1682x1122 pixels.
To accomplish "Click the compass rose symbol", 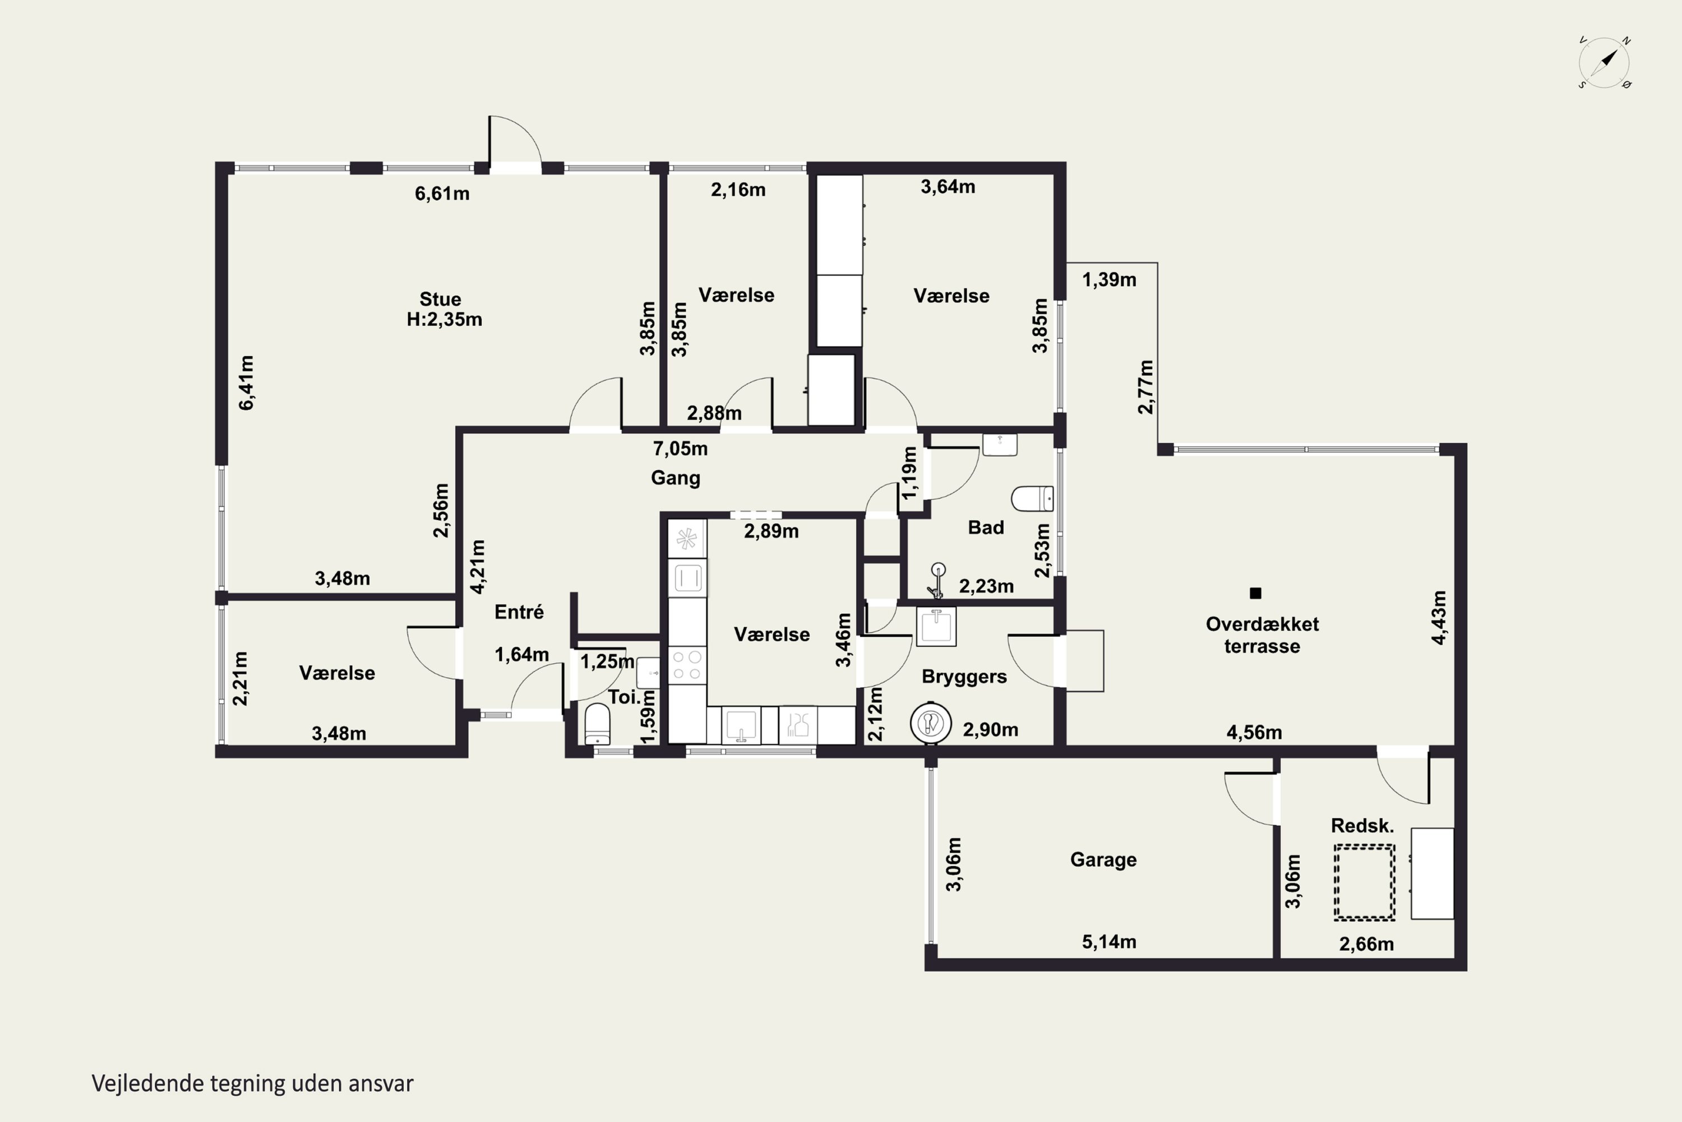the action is click(1604, 63).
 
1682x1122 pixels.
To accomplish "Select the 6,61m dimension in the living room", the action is click(442, 193).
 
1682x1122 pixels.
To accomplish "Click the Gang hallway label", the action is click(675, 478).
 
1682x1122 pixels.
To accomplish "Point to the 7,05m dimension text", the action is click(680, 449).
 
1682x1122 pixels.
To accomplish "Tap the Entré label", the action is click(519, 612).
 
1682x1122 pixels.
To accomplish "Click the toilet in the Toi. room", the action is click(598, 724).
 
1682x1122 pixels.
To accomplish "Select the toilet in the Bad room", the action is click(1032, 499).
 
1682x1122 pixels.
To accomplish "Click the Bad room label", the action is click(986, 527).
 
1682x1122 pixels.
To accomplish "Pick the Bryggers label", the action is click(964, 677).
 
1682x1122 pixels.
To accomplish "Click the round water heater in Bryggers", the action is click(930, 724).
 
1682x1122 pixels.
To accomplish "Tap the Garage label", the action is click(1103, 859).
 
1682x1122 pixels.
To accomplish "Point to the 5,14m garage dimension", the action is click(1108, 942).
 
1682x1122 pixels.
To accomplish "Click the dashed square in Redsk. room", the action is click(1364, 881).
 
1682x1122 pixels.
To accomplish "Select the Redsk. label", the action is click(1362, 826).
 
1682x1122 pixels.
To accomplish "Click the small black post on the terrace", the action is click(1255, 593).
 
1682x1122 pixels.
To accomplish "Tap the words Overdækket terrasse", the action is click(1262, 634).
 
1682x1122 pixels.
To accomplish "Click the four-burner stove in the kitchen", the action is click(687, 665).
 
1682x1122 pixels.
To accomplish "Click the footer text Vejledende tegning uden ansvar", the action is click(252, 1083).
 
